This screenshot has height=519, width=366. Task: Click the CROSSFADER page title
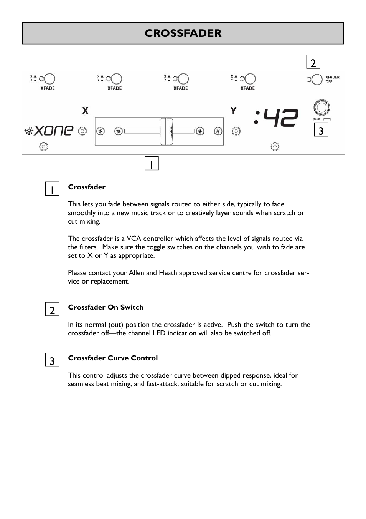tap(183, 33)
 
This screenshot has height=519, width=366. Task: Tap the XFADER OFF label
tap(332, 80)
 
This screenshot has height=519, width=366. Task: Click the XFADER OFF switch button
tap(317, 80)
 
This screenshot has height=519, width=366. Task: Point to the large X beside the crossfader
tap(85, 111)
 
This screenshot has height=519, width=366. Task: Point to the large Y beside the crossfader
tap(233, 111)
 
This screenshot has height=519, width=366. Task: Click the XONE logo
tap(49, 131)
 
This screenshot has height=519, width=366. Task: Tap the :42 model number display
tap(276, 118)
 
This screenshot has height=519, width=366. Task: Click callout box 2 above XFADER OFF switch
tap(313, 62)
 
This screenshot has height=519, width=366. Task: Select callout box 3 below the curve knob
tap(321, 130)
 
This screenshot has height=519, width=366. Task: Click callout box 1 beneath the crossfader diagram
tap(152, 164)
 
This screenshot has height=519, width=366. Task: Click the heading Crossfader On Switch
tap(106, 307)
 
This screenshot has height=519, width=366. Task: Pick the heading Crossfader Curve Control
tap(113, 358)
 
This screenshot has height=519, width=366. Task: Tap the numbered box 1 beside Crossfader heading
tap(52, 189)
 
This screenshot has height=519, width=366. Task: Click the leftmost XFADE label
tap(48, 88)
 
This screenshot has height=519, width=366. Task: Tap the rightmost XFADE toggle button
tap(250, 79)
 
